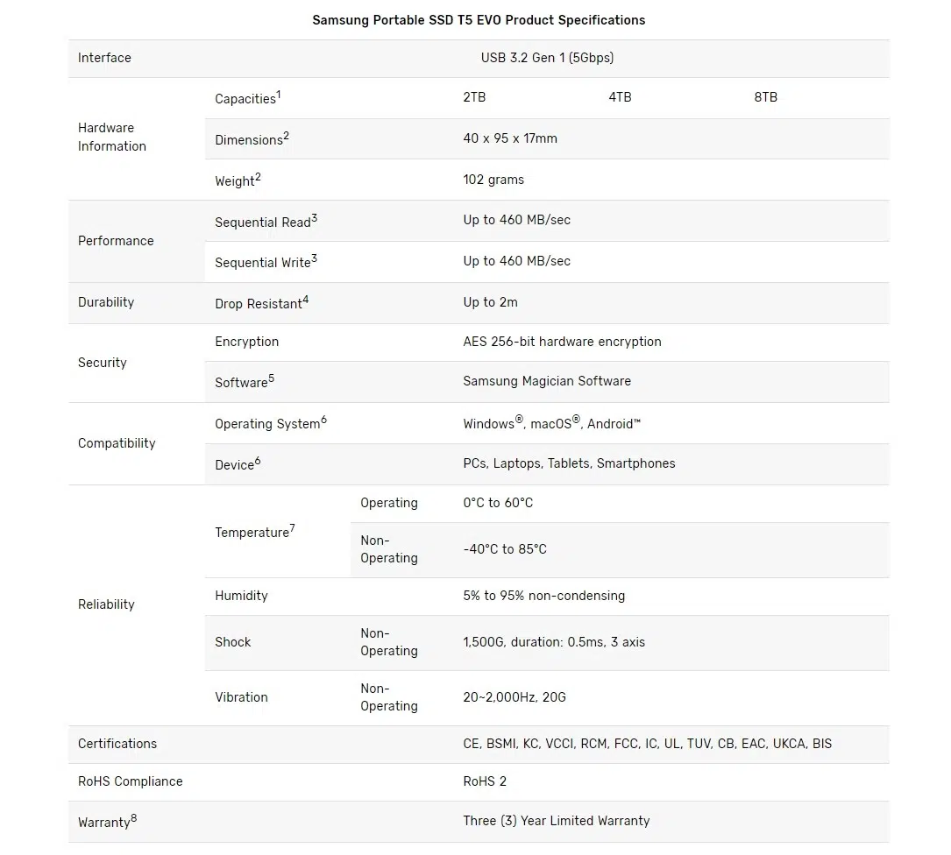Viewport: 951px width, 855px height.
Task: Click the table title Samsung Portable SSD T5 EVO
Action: coord(479,20)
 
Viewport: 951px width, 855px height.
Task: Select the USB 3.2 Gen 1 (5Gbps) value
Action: coord(547,58)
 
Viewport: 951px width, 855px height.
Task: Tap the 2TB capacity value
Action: coord(474,97)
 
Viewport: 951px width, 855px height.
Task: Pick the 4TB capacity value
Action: coord(620,97)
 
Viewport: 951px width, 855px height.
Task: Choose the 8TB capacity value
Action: coord(765,97)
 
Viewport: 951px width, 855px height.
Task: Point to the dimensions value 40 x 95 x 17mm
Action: coord(510,138)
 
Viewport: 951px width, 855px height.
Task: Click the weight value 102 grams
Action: coord(493,180)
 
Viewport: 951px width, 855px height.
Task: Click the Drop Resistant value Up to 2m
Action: coord(490,302)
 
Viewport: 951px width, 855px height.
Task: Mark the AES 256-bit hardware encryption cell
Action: coord(562,342)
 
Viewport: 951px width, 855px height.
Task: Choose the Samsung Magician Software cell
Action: coord(547,381)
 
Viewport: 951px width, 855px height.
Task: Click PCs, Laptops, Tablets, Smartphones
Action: coord(569,463)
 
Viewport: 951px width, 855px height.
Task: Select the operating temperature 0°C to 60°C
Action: coord(498,503)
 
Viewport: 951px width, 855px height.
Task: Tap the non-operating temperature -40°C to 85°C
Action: coord(505,549)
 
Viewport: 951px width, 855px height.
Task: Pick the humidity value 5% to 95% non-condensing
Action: coord(543,596)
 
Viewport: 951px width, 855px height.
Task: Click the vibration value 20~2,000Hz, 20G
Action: coord(515,697)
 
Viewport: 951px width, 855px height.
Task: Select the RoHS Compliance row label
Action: coord(131,781)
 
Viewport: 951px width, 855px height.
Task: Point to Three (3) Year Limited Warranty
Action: coord(557,821)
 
